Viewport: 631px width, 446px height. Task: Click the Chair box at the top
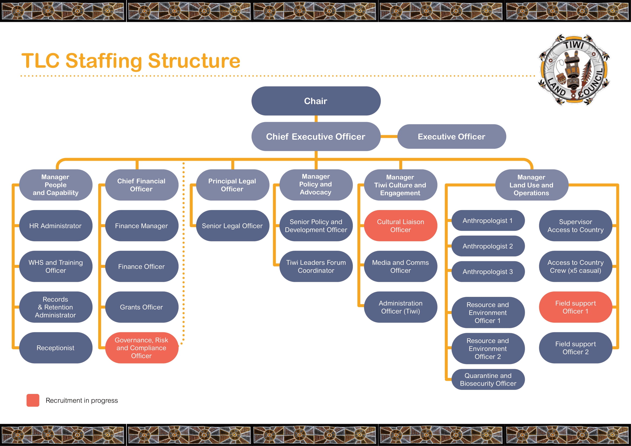[316, 101]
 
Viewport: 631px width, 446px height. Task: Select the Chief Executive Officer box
[316, 136]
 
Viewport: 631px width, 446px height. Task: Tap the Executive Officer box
[451, 136]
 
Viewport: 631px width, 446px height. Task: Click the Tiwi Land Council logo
[574, 70]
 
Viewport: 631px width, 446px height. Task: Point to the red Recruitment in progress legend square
[33, 400]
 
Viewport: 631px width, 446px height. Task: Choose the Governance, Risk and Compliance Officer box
[142, 348]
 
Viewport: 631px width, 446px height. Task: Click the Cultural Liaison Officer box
[400, 226]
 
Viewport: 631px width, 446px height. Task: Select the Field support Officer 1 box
[575, 307]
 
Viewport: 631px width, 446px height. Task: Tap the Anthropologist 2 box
[488, 246]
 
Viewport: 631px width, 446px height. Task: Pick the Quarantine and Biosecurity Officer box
[488, 379]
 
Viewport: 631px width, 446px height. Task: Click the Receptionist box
[56, 348]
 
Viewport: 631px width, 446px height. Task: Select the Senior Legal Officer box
[232, 226]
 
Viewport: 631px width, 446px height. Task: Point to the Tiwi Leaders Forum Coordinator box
[316, 266]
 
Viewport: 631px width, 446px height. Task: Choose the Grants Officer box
[142, 307]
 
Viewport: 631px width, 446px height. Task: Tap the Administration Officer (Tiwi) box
[400, 307]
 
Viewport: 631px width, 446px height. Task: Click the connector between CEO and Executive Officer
[389, 136]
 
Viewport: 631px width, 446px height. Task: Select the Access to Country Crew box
[575, 266]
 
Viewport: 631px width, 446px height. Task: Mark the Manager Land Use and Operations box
[531, 185]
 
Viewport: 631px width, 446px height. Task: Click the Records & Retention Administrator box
[56, 307]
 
